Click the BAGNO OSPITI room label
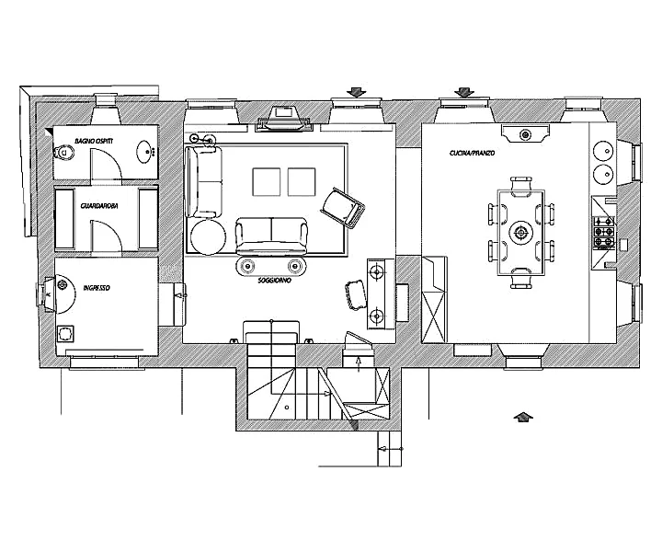[94, 141]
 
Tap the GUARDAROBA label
[99, 206]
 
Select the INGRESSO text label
[97, 288]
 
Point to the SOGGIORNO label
[275, 281]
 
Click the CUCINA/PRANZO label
[472, 153]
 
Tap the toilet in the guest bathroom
[63, 152]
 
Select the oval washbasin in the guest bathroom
[145, 151]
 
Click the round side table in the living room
[208, 237]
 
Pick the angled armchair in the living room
[343, 207]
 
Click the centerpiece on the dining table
[521, 232]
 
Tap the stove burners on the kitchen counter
[604, 232]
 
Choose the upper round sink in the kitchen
[603, 150]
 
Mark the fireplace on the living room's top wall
[283, 119]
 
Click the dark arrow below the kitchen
[523, 417]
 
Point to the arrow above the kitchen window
[464, 92]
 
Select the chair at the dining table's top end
[520, 185]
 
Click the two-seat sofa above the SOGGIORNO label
[271, 236]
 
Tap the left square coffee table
[267, 182]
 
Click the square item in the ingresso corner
[65, 334]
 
